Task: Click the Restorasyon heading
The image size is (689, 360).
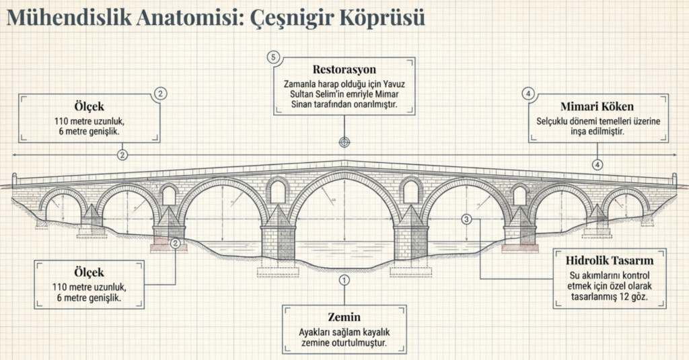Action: click(344, 70)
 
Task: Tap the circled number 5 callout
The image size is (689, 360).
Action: click(273, 57)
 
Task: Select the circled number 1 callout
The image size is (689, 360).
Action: click(344, 279)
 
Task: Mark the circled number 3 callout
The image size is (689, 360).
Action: click(467, 219)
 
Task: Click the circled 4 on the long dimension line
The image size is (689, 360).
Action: click(597, 164)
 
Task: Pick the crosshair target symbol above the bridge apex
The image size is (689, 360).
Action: click(344, 142)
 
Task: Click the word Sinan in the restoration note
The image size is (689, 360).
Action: click(303, 106)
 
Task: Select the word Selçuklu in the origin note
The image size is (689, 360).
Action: click(554, 121)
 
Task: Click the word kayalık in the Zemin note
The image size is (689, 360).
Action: click(373, 332)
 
